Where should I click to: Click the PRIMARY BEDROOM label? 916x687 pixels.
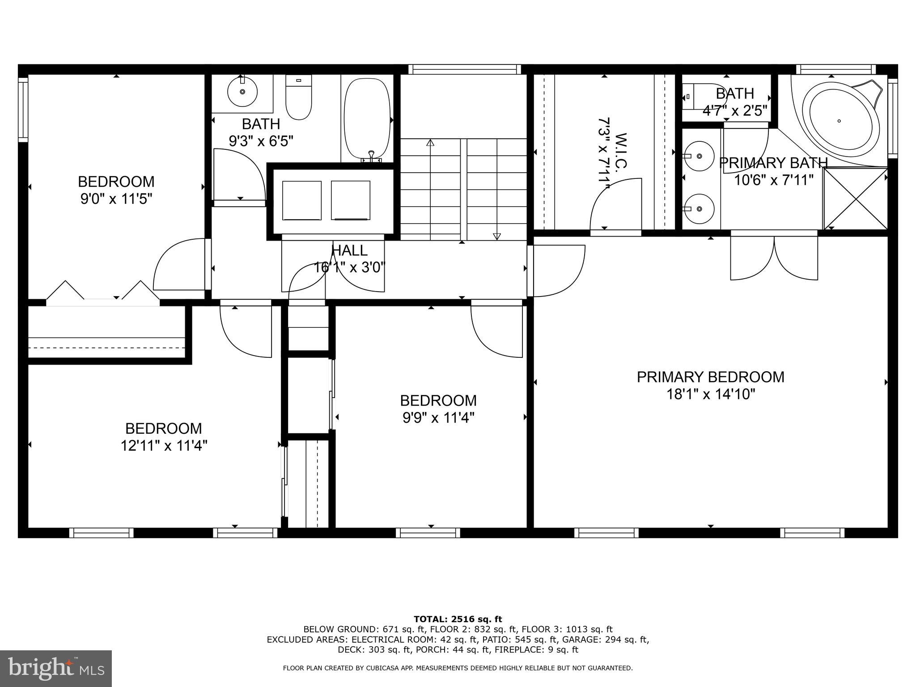click(x=710, y=377)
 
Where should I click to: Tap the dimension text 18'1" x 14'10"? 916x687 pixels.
click(x=711, y=394)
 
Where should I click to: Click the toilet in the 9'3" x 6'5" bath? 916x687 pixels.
click(x=298, y=97)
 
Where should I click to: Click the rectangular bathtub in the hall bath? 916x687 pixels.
click(x=367, y=119)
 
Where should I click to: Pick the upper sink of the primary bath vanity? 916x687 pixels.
click(x=700, y=156)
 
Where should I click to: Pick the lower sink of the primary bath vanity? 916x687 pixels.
click(x=700, y=208)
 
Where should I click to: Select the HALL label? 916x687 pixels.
click(x=349, y=250)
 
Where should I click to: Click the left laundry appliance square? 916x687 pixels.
click(x=301, y=200)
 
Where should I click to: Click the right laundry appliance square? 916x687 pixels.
click(x=350, y=200)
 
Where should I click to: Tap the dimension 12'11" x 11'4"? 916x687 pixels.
click(x=164, y=446)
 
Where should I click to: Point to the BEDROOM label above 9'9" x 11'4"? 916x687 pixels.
click(x=438, y=400)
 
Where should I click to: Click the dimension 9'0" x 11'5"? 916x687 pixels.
click(x=116, y=199)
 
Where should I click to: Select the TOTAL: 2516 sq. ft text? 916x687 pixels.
click(x=458, y=619)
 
